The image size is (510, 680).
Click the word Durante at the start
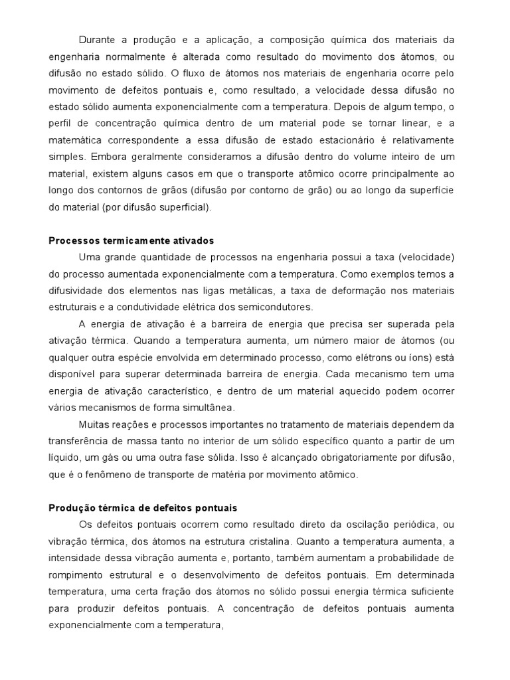coord(96,41)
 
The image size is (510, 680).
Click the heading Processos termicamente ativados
coord(131,240)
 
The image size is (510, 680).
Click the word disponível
coord(72,373)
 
